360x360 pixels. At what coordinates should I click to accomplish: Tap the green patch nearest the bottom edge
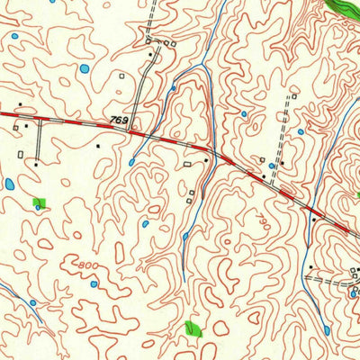coord(192,328)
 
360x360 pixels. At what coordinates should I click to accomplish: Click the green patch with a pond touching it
coord(39,202)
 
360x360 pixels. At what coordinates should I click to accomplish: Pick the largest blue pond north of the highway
coord(84,68)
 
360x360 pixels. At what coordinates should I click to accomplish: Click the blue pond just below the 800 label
coord(94,284)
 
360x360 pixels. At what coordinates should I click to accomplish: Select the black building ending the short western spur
coord(37,164)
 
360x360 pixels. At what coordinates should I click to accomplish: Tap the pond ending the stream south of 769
coord(131,162)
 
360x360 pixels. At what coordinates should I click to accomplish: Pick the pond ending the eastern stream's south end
coord(326,330)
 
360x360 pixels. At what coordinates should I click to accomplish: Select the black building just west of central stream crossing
coord(206,161)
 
